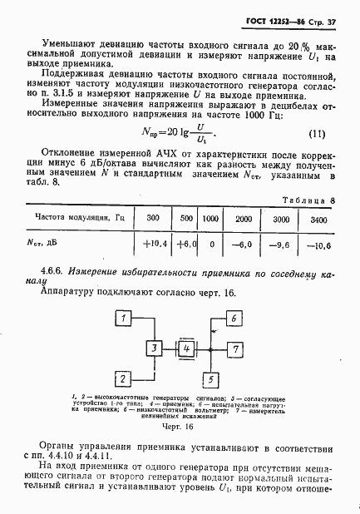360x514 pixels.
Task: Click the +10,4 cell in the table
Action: click(x=154, y=245)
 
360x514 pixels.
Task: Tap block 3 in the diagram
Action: click(x=155, y=347)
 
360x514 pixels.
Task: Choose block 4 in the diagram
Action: click(x=188, y=347)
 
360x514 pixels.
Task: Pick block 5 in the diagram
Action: click(x=211, y=378)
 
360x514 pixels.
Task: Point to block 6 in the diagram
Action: click(x=235, y=319)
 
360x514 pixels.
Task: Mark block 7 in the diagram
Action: click(x=235, y=347)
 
